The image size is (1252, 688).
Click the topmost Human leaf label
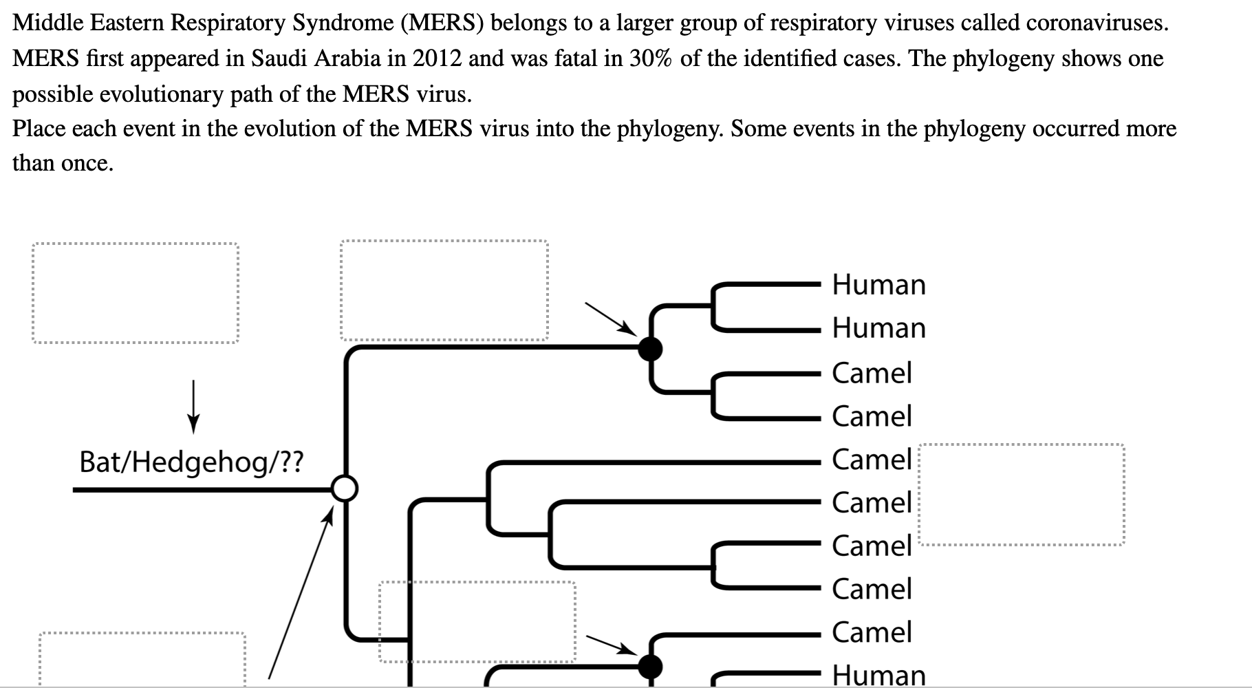point(878,285)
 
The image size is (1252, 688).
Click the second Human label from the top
point(878,328)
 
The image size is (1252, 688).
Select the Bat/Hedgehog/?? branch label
point(191,462)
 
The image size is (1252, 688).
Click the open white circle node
point(345,489)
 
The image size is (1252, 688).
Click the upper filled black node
point(650,349)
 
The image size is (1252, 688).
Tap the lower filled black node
point(650,665)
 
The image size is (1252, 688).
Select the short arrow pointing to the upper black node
point(609,319)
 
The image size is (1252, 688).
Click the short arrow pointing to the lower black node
point(610,645)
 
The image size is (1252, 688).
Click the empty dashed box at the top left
point(136,292)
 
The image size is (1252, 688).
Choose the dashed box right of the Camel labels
point(1022,495)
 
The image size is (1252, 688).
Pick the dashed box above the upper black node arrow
point(444,290)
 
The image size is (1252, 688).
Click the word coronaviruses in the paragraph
point(1097,23)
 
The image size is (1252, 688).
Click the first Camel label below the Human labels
point(872,373)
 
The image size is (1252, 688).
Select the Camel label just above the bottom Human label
point(872,632)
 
